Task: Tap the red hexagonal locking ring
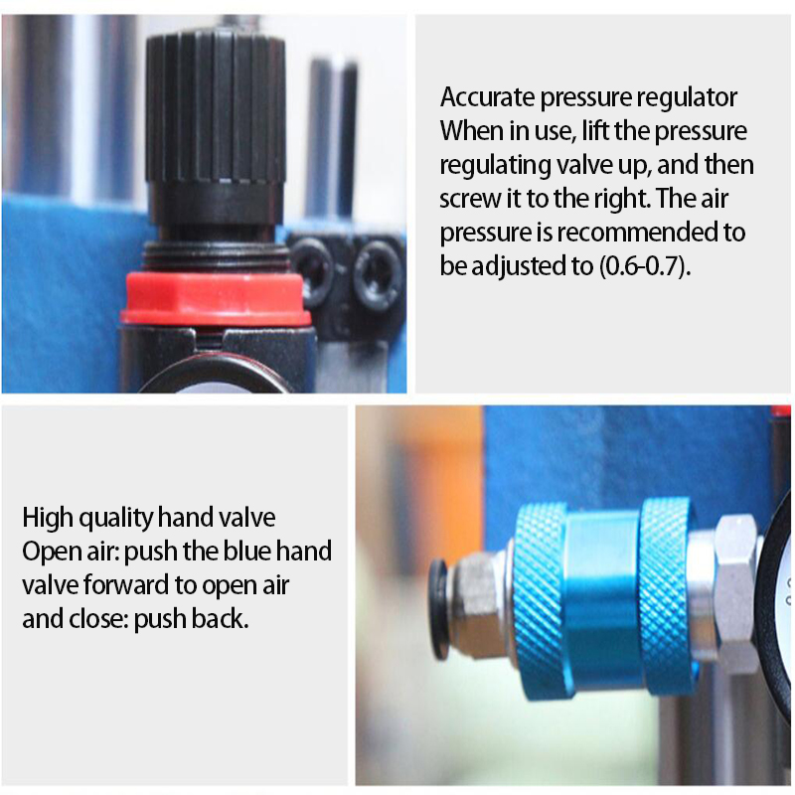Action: tap(215, 299)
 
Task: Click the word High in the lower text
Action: tap(47, 518)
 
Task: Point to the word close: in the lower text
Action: tap(94, 619)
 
